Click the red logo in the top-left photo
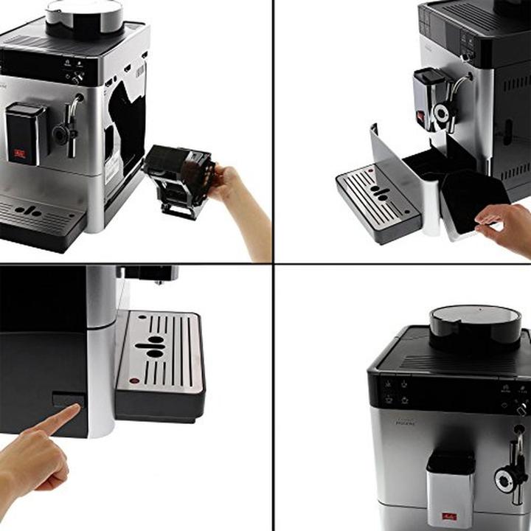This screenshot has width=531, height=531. [18, 154]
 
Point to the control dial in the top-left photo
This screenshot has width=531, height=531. [76, 77]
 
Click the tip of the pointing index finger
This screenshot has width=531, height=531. [76, 408]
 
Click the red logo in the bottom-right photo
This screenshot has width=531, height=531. [448, 514]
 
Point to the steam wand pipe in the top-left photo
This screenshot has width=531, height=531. [73, 125]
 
